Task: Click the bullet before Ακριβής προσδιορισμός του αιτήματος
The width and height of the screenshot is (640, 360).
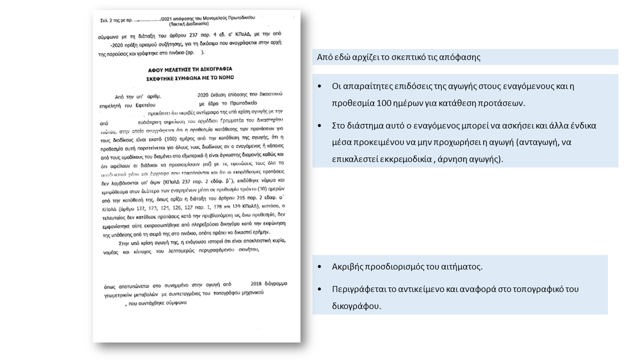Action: click(x=320, y=266)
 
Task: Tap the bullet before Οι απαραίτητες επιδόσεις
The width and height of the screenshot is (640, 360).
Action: click(x=320, y=86)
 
